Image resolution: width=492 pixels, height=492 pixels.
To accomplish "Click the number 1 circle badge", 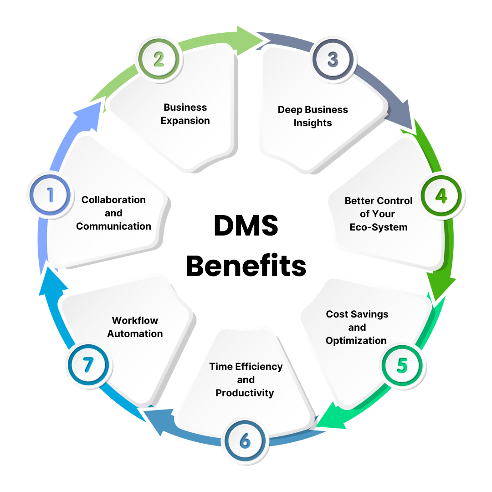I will [x=50, y=195].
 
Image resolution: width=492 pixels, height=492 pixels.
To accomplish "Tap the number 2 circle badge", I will [x=159, y=59].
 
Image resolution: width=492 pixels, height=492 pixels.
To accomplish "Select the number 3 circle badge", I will [x=333, y=59].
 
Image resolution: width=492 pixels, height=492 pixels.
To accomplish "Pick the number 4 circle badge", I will [x=441, y=195].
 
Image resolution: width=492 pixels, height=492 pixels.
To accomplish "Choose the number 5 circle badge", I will [x=402, y=366].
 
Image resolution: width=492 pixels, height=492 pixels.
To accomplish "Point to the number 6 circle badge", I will [x=245, y=441].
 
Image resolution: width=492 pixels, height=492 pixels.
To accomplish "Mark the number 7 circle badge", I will [x=88, y=364].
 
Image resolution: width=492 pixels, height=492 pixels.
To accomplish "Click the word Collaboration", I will [x=113, y=200].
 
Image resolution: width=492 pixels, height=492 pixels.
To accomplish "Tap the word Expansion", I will [x=185, y=121].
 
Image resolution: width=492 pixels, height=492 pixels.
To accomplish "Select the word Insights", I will [x=313, y=123].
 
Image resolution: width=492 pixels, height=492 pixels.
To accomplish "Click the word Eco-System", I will [x=379, y=227].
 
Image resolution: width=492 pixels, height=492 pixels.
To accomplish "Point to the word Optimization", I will [x=356, y=340].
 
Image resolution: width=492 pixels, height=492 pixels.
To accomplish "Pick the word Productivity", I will [x=245, y=393].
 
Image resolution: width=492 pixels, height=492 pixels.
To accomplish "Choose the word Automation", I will [x=135, y=333].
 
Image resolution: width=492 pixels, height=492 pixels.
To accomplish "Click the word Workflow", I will [x=135, y=320].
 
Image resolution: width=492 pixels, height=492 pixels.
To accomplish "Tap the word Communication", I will [x=113, y=226].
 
